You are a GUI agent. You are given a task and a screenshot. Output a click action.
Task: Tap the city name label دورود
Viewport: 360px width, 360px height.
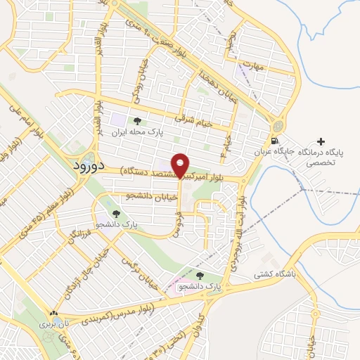[89, 167]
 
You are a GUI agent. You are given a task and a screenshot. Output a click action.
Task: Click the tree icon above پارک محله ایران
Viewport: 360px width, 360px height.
[146, 121]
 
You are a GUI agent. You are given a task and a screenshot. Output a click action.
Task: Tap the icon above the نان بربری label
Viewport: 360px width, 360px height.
[53, 314]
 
